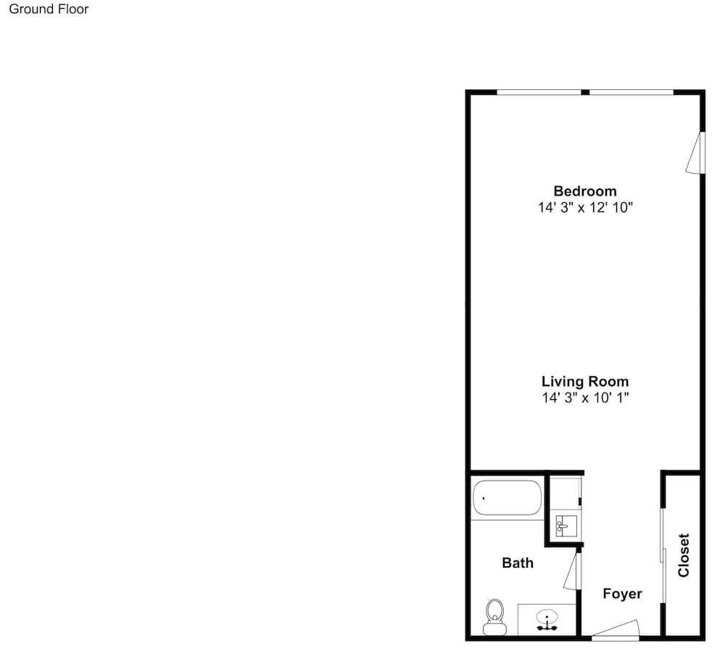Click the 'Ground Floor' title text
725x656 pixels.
pos(49,9)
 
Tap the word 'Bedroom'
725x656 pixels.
pos(585,191)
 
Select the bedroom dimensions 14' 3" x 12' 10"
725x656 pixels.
pos(585,207)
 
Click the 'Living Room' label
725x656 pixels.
pos(585,381)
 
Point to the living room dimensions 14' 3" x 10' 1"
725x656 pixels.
pos(585,397)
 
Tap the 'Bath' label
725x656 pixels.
pos(518,562)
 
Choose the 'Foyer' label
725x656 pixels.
pos(622,594)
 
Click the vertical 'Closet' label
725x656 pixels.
pos(684,555)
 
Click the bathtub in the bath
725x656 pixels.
pos(507,498)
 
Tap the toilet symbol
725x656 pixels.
pos(494,617)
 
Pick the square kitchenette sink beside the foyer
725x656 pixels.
pos(566,526)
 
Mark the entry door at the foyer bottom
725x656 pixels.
pos(616,630)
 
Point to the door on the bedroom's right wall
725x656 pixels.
pos(695,153)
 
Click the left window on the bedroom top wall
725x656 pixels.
pos(539,93)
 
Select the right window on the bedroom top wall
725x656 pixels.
pos(631,93)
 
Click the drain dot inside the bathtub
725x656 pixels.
pos(484,499)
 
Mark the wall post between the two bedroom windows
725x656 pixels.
pos(585,93)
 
